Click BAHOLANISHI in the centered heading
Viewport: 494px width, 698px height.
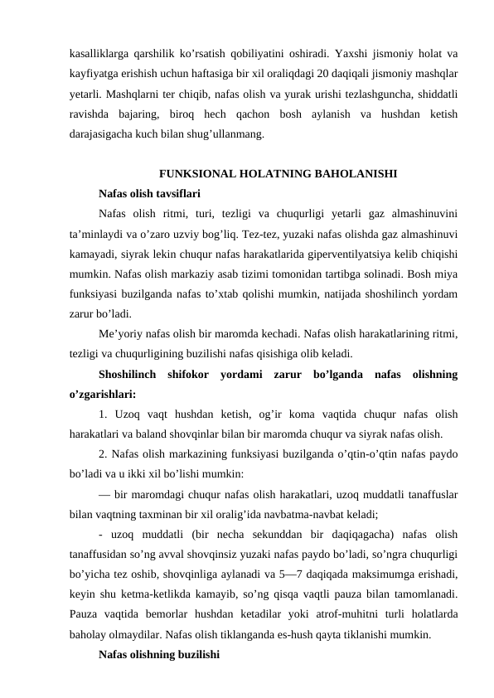click(x=357, y=174)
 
